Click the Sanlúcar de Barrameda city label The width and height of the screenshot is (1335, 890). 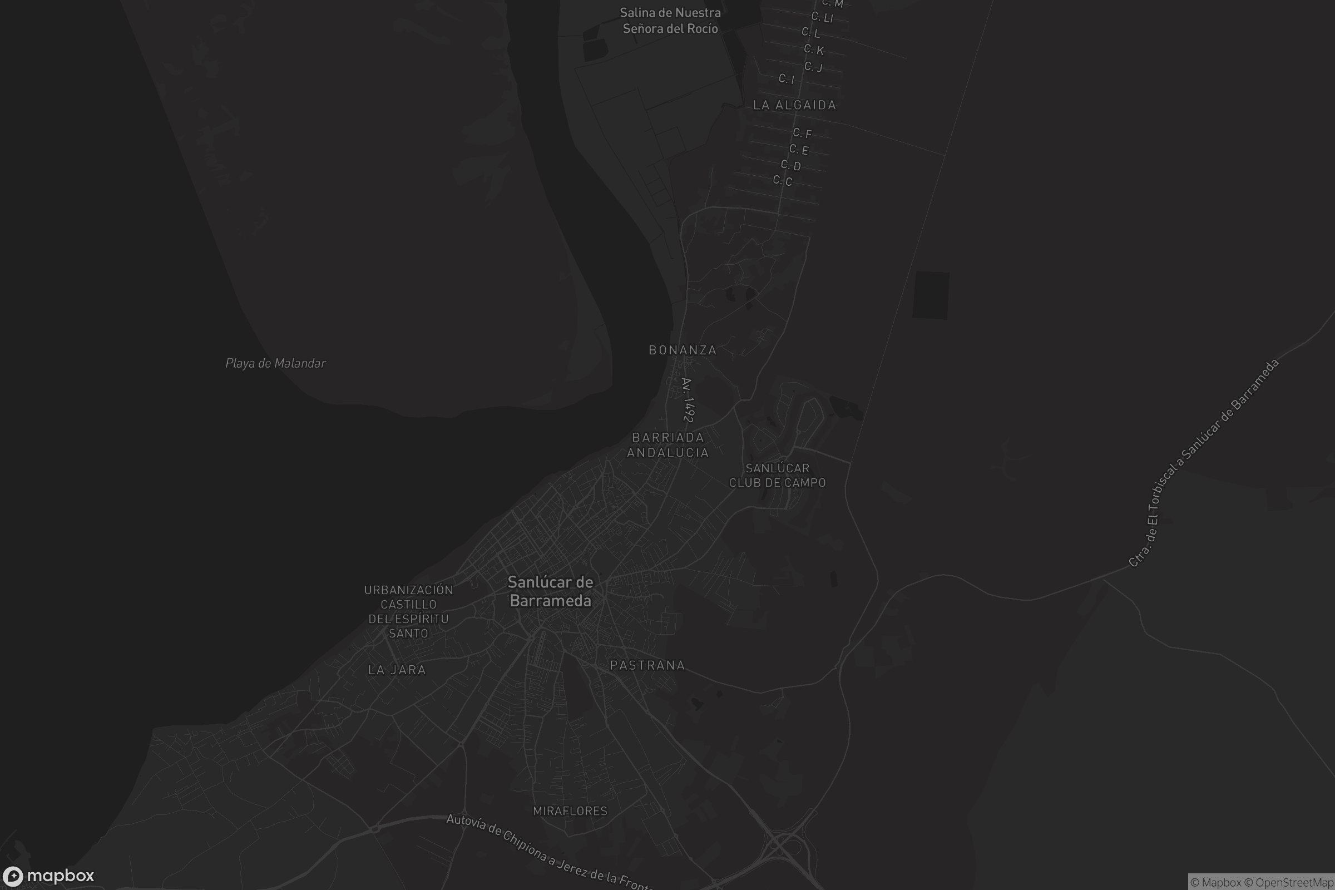(550, 591)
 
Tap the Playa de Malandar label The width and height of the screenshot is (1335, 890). (275, 363)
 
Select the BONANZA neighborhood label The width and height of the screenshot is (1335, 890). (683, 350)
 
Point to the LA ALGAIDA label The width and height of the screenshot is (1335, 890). (794, 105)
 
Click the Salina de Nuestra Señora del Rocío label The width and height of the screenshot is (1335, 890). (670, 21)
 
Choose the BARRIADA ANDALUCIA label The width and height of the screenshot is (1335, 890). (667, 445)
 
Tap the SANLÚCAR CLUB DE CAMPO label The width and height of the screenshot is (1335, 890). (777, 476)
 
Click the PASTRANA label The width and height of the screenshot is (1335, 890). (647, 665)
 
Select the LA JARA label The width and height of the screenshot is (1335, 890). (397, 670)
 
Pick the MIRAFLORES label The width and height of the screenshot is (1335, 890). (570, 811)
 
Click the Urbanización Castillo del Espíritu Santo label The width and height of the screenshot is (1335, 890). (408, 611)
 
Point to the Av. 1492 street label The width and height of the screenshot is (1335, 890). (688, 400)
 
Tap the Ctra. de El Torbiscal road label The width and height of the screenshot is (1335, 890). (1203, 463)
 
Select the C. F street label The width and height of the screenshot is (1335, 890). (803, 133)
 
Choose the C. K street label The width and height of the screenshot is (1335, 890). (813, 50)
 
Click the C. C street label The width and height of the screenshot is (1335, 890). (782, 180)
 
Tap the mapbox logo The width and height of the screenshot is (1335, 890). (48, 876)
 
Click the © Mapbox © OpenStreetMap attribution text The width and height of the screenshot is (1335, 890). (1261, 882)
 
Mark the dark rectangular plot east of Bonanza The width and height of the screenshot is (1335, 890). (930, 295)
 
